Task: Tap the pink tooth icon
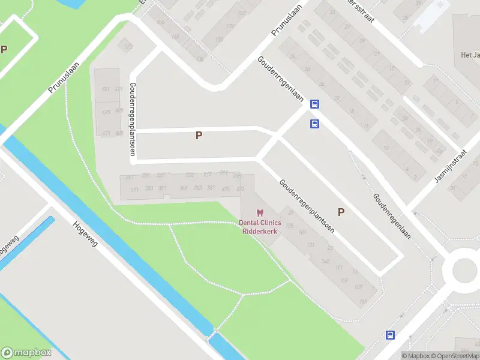point(260,212)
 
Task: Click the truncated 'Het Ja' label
point(470,55)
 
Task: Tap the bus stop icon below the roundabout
point(390,335)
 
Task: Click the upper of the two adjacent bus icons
point(314,104)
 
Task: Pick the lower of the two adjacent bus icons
point(314,124)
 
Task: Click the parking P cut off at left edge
point(4,49)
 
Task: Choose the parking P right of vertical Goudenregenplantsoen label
point(199,136)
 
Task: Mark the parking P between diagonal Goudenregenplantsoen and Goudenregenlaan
point(341,211)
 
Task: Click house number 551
point(106,89)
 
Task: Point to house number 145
point(326,261)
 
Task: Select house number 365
point(184,188)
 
